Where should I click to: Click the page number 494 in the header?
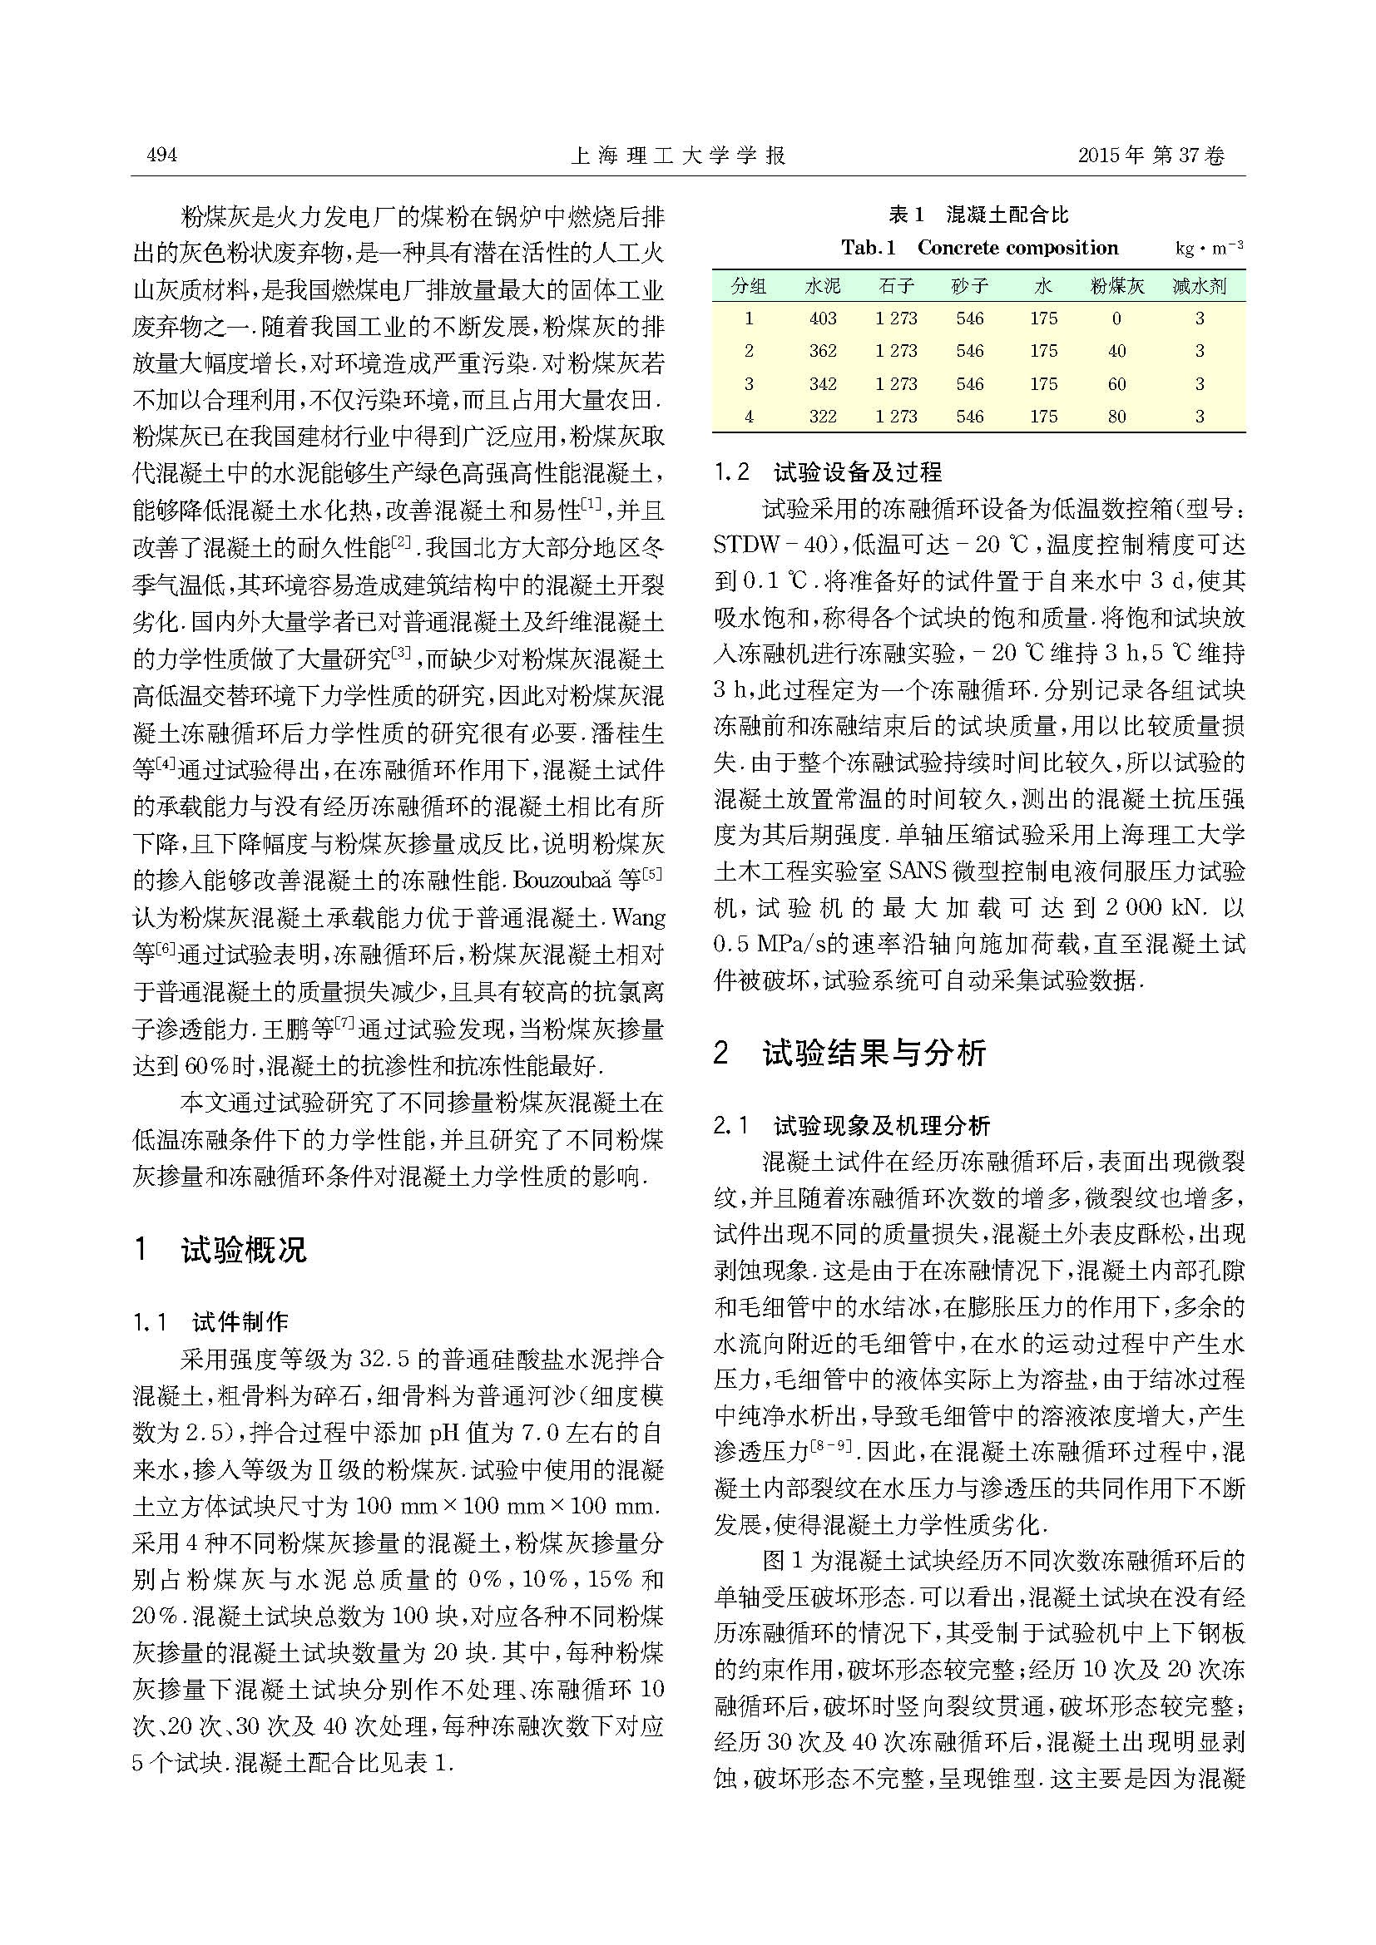(161, 155)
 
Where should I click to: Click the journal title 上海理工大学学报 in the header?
(680, 156)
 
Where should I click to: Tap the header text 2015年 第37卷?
(1151, 156)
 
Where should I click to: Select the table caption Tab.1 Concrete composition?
(979, 248)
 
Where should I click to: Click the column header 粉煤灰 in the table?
(1116, 286)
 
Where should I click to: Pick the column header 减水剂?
(1199, 286)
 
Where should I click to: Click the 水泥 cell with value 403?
(823, 318)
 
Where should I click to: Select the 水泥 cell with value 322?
(823, 416)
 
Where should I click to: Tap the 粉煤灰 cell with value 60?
(1116, 383)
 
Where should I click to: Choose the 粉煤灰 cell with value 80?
(1116, 416)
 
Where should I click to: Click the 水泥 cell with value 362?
(823, 351)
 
